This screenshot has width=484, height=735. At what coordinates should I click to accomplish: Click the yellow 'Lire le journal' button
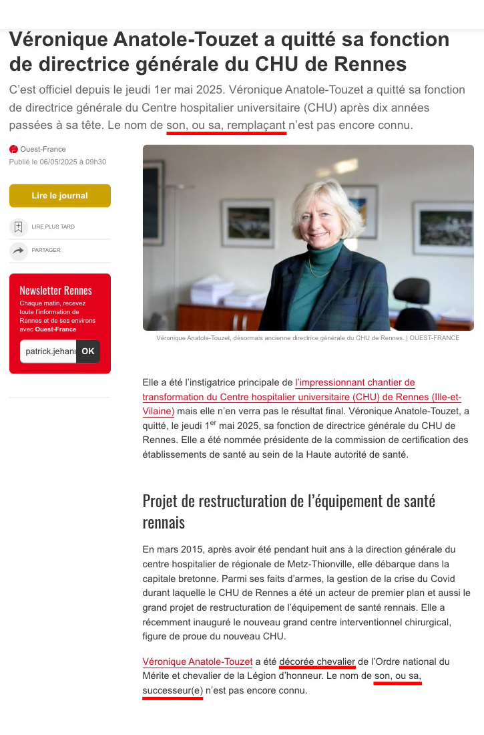(x=59, y=196)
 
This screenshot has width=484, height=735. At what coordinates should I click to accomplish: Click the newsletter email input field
(x=48, y=351)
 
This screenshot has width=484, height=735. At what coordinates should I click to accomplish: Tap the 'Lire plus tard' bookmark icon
(x=18, y=227)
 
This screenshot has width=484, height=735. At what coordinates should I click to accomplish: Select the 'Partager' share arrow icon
(x=18, y=250)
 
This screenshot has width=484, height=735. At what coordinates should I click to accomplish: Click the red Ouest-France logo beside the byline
(x=13, y=149)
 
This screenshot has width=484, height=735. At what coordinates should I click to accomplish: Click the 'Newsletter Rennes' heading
(x=55, y=290)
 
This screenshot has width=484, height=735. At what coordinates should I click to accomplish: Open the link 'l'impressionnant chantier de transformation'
(x=354, y=383)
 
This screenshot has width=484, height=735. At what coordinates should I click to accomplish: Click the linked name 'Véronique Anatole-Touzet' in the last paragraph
(x=197, y=661)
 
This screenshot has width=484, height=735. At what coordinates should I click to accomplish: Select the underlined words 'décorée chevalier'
(x=317, y=661)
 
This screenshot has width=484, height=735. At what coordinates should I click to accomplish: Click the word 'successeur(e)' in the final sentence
(x=172, y=690)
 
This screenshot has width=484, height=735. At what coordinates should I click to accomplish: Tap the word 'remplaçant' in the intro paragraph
(x=256, y=124)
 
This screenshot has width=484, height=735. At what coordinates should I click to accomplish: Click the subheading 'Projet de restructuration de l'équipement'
(x=288, y=500)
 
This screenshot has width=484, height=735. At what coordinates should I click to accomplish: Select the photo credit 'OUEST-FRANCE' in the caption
(x=435, y=338)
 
